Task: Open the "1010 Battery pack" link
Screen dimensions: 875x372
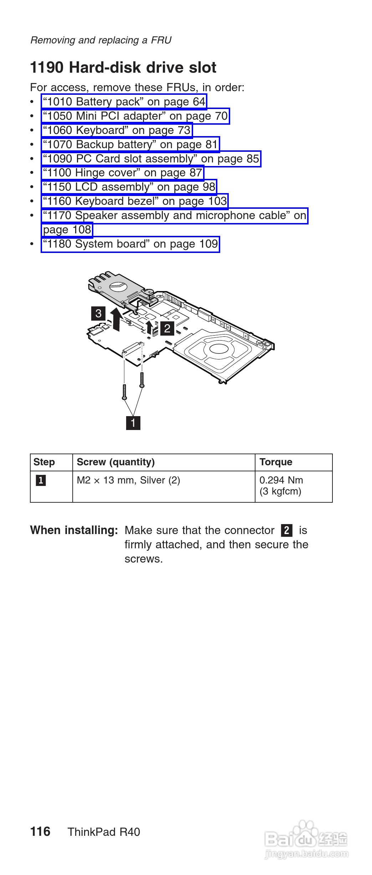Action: click(124, 102)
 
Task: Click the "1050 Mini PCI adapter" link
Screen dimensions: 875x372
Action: click(135, 116)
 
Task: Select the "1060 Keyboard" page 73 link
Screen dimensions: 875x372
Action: click(117, 130)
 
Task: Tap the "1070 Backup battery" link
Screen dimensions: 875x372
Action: click(130, 145)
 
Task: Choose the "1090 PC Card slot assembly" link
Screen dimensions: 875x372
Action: click(151, 159)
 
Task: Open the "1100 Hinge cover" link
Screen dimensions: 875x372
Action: click(122, 173)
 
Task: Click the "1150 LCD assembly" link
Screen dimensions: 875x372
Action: click(129, 187)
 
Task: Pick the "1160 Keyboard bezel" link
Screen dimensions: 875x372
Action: click(135, 201)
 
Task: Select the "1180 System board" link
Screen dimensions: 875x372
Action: click(130, 244)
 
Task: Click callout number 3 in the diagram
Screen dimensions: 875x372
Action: click(98, 314)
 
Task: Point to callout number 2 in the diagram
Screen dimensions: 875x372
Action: click(167, 328)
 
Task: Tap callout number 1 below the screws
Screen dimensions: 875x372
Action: click(133, 423)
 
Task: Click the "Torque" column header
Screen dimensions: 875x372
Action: click(276, 462)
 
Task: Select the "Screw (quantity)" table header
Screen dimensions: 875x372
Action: click(116, 462)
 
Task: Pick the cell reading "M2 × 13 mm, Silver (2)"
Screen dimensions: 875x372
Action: click(129, 480)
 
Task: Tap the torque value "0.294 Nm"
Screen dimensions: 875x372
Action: click(281, 480)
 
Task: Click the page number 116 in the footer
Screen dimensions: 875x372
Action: click(40, 832)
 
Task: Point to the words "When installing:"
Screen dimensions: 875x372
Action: click(74, 530)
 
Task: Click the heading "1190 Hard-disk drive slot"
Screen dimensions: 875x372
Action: click(123, 68)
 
